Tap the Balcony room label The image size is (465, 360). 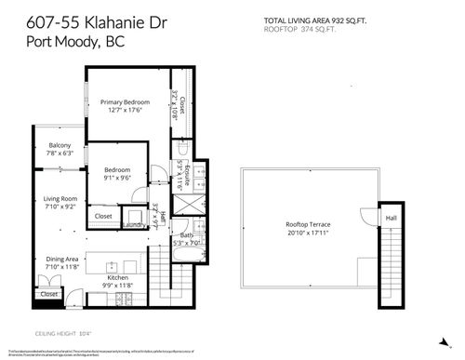point(60,145)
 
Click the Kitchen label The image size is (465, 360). point(117,278)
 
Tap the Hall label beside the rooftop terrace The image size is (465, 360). point(392,219)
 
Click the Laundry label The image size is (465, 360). point(130,224)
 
